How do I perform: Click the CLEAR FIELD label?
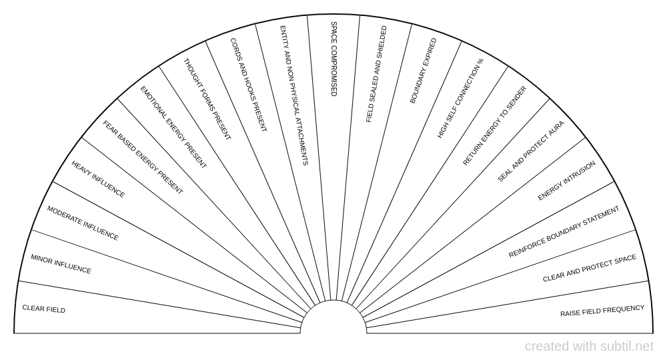44,309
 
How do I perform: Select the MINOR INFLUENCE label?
61,264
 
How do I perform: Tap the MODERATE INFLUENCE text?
83,223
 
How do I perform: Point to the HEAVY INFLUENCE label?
98,179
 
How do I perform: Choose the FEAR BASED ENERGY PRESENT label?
143,157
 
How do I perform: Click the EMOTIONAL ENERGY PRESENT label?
173,127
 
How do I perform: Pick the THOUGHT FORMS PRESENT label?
207,99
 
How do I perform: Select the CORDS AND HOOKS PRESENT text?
248,85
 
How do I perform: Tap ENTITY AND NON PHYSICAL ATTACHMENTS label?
294,95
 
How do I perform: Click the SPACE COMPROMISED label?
334,59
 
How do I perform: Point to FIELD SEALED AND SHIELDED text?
376,74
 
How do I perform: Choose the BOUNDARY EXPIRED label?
424,71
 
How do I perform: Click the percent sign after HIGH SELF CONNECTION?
481,61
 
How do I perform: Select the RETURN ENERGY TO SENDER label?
495,126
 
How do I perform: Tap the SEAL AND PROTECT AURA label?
531,151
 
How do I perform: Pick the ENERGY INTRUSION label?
566,181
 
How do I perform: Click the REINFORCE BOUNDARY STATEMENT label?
564,232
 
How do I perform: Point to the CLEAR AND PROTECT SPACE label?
590,268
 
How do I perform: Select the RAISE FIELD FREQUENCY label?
602,311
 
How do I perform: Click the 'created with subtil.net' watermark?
589,347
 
